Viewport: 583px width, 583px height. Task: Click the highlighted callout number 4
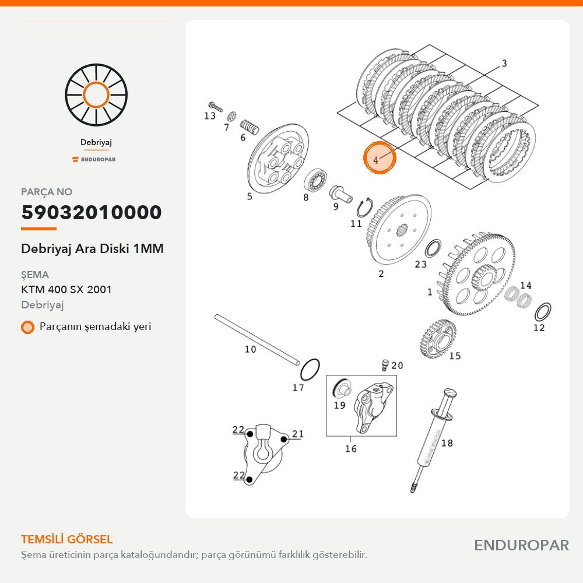pyautogui.click(x=375, y=160)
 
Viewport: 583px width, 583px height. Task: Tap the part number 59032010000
pyautogui.click(x=92, y=212)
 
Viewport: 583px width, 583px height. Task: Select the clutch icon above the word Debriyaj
pyautogui.click(x=96, y=95)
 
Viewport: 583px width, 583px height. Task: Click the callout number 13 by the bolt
pyautogui.click(x=210, y=115)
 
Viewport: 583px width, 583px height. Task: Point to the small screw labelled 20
pyautogui.click(x=385, y=365)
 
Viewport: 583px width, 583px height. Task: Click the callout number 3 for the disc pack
pyautogui.click(x=504, y=63)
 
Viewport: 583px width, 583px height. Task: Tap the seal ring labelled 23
pyautogui.click(x=434, y=248)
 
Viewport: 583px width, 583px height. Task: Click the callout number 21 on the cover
pyautogui.click(x=298, y=434)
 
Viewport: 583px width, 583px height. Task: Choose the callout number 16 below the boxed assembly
pyautogui.click(x=350, y=449)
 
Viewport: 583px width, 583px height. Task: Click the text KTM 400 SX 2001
pyautogui.click(x=66, y=289)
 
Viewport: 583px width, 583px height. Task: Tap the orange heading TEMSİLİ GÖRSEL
pyautogui.click(x=66, y=539)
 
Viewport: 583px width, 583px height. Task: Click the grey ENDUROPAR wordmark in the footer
pyautogui.click(x=521, y=546)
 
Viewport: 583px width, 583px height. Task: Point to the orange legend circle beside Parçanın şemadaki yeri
pyautogui.click(x=27, y=327)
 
